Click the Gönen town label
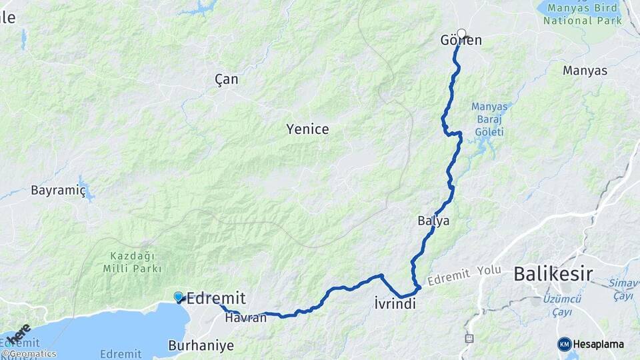pos(461,41)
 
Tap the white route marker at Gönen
pos(461,33)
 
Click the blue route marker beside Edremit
pos(179,297)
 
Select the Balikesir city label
pos(553,273)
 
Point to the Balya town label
pos(433,221)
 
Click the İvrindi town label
pos(395,305)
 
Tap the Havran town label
pos(245,318)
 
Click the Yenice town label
pos(307,129)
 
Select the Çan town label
pos(227,79)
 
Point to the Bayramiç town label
pos(59,191)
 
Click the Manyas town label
pos(585,71)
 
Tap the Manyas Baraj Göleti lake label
pos(489,119)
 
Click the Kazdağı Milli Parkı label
pos(133,262)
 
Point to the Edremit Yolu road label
pos(465,275)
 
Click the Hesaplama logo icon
pos(565,344)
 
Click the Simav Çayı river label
pos(624,289)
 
